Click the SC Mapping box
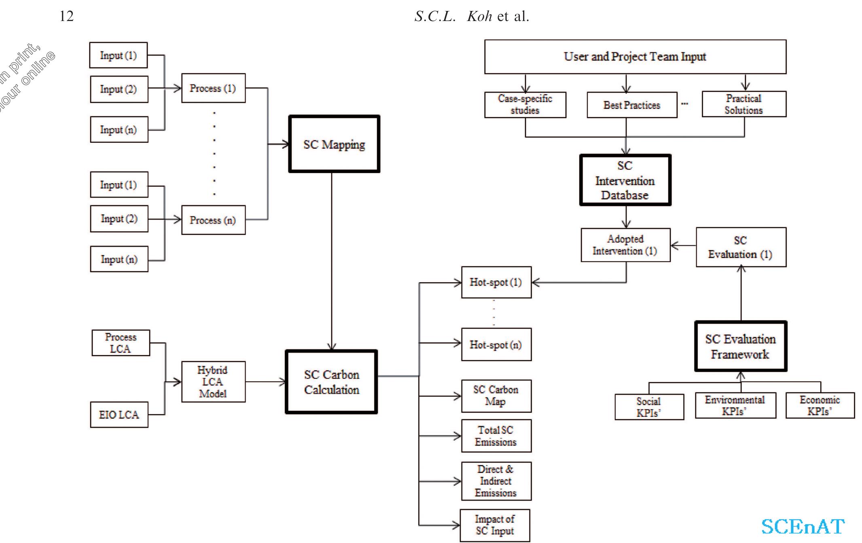(x=334, y=144)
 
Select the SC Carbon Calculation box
(x=331, y=382)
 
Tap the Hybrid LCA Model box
(x=213, y=382)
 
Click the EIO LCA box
(x=119, y=414)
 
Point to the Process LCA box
(x=121, y=343)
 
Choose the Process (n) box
(x=213, y=220)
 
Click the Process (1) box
(x=213, y=88)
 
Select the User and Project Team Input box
(x=635, y=57)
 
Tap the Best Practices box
(x=632, y=105)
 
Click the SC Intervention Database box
(x=625, y=180)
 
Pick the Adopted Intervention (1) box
(x=625, y=245)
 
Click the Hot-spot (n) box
(x=496, y=344)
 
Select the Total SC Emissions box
(x=496, y=436)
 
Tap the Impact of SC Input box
(x=495, y=525)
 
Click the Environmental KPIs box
(x=735, y=406)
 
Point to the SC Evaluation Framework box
(x=740, y=347)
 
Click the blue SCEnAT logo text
(x=803, y=526)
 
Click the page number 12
(x=67, y=16)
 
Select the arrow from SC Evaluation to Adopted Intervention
(x=683, y=245)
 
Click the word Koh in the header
(x=479, y=16)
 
